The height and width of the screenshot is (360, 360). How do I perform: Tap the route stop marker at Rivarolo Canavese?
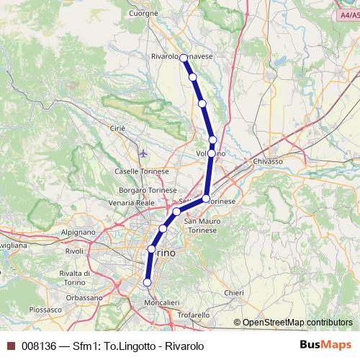(x=184, y=58)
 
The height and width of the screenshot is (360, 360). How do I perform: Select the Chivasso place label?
(x=267, y=163)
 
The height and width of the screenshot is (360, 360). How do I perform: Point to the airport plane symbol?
(x=144, y=153)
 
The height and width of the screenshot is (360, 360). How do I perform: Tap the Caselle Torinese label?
(x=141, y=171)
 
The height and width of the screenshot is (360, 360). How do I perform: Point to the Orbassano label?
(x=84, y=297)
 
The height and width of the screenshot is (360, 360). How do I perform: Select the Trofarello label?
(x=194, y=315)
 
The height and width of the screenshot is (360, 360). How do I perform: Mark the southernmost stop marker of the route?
(x=147, y=283)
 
